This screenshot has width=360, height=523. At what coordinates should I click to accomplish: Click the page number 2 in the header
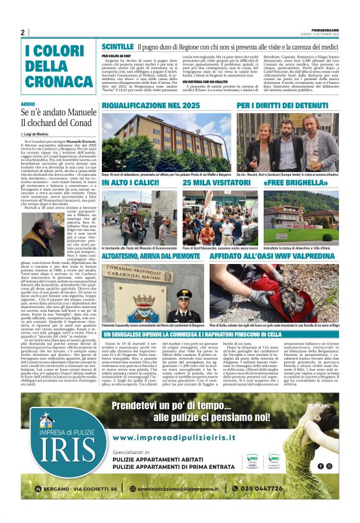23,32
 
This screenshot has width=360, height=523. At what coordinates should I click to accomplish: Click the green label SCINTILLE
117,47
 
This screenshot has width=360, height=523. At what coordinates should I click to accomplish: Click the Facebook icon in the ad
320,466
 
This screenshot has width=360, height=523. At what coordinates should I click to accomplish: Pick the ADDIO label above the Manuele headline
28,104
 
